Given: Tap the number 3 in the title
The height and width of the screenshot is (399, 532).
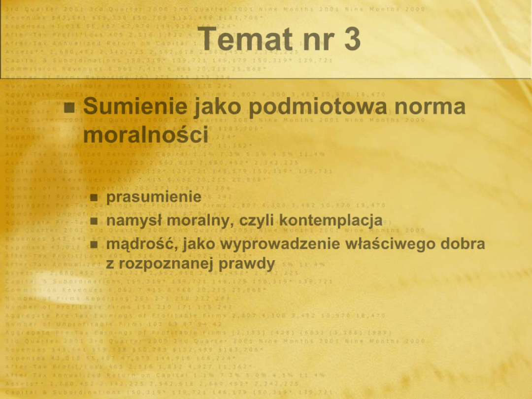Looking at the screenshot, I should [x=352, y=39].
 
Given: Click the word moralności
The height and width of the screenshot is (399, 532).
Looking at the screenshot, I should [x=145, y=134].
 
